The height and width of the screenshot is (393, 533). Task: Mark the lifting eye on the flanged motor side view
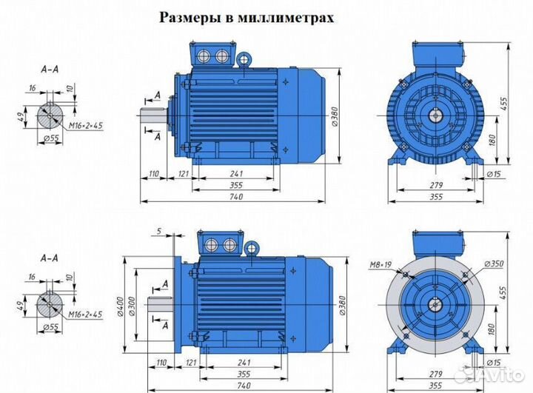[x=252, y=249]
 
